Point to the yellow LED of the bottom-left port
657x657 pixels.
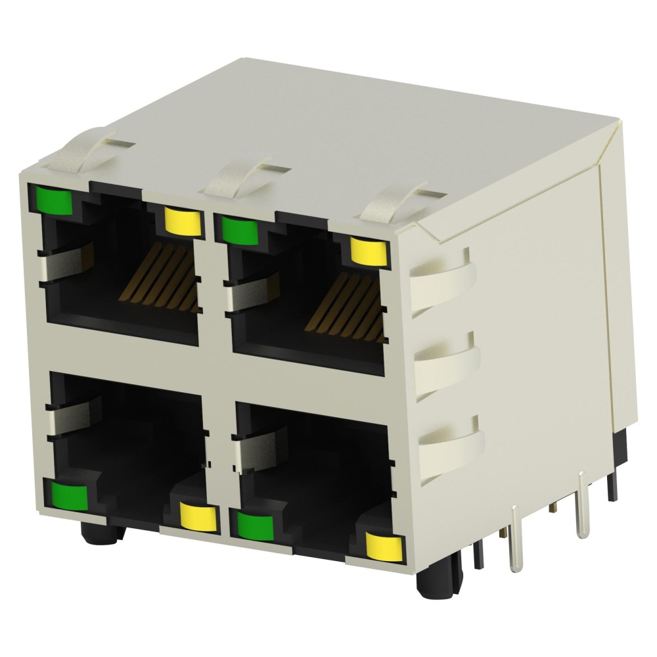tap(199, 517)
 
